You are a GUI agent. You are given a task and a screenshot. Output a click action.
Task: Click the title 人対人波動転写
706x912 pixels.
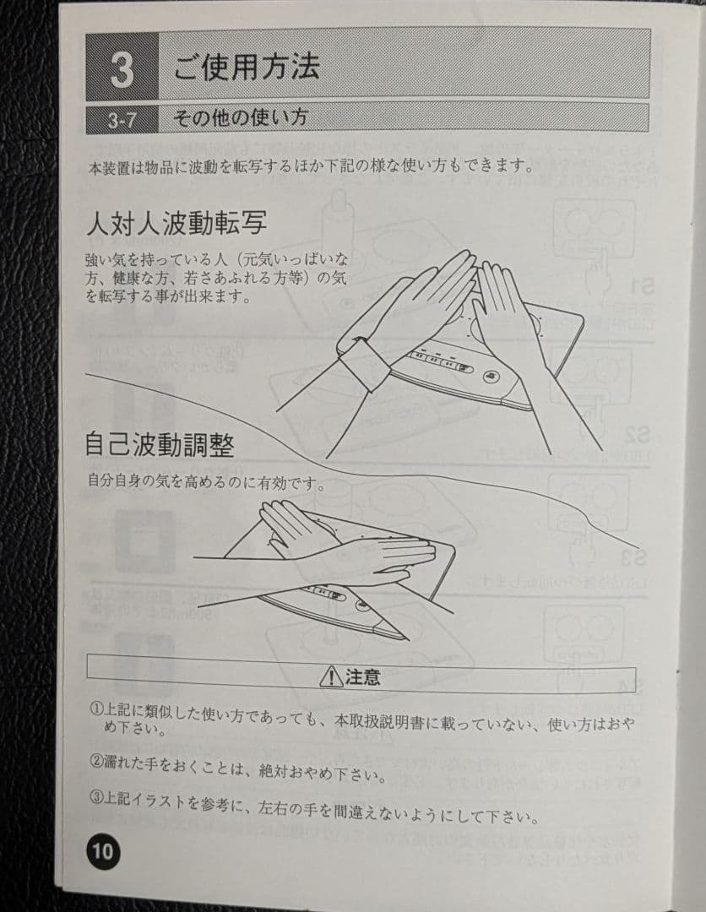[176, 224]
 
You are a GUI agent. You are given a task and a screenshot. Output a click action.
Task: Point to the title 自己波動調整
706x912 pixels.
[159, 444]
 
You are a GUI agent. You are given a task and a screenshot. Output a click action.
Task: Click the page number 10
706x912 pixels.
[102, 850]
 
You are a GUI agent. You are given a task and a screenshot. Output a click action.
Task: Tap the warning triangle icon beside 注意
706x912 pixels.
[330, 676]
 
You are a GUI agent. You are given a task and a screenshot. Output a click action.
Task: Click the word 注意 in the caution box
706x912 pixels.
[362, 676]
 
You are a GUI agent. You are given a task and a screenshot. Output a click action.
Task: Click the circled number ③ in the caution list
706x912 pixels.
[96, 796]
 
